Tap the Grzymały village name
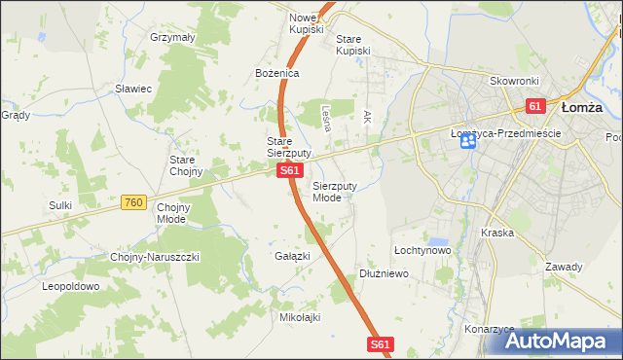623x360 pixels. (x=173, y=37)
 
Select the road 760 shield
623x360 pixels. (x=134, y=202)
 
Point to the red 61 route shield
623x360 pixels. (x=534, y=105)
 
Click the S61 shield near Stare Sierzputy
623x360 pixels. (x=288, y=170)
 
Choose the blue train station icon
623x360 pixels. (x=468, y=142)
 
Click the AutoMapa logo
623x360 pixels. (x=559, y=341)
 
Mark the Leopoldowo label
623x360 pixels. (x=71, y=287)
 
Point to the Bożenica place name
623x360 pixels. (x=276, y=73)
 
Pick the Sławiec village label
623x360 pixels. (x=133, y=89)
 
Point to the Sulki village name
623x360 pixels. (x=61, y=205)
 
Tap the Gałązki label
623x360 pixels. (x=293, y=256)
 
